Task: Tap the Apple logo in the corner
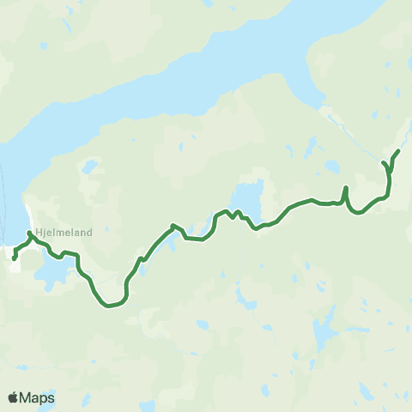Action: pyautogui.click(x=13, y=397)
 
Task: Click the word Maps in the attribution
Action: pyautogui.click(x=37, y=397)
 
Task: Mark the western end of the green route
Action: pyautogui.click(x=15, y=258)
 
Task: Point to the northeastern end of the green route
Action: pyautogui.click(x=399, y=151)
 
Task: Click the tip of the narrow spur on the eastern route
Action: pyautogui.click(x=346, y=187)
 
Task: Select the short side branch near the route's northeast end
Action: pyautogui.click(x=384, y=162)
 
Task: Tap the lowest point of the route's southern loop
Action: pyautogui.click(x=109, y=305)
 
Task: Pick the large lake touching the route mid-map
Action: pyautogui.click(x=247, y=199)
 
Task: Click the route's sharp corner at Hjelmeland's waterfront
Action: pyautogui.click(x=30, y=233)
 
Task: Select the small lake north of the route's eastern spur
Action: pyautogui.click(x=331, y=167)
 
